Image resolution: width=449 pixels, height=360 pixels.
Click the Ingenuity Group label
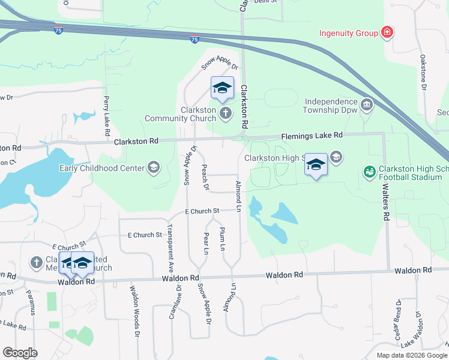(348, 32)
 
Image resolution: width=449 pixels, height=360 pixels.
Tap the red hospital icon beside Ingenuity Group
(387, 32)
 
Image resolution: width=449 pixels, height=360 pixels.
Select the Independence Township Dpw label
(331, 106)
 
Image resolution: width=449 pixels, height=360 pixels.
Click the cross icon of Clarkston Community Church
(225, 113)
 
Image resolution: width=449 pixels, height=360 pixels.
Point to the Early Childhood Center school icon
(153, 167)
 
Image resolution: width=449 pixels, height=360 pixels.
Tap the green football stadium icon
(369, 172)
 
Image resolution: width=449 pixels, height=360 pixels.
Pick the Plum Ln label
(223, 239)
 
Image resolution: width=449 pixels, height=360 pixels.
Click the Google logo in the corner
(20, 353)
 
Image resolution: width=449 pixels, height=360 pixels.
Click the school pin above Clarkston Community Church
(221, 89)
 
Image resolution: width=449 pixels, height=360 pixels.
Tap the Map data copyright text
(412, 355)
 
